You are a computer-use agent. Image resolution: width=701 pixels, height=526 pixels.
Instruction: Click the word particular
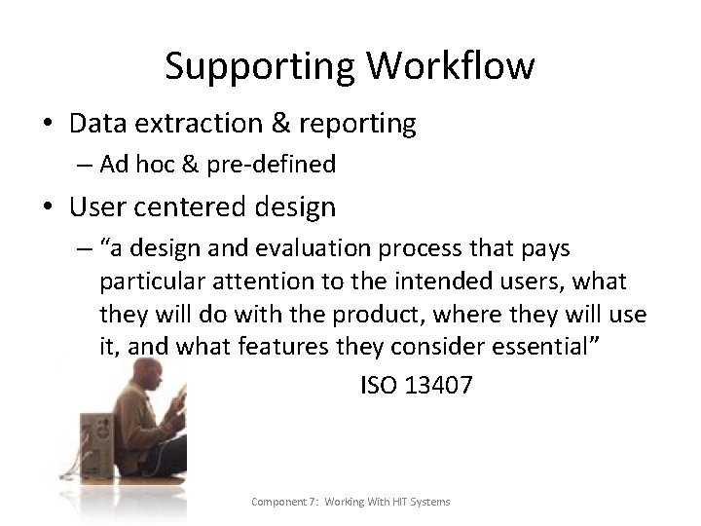[145, 283]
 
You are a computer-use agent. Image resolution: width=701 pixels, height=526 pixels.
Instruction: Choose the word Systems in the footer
[430, 502]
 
